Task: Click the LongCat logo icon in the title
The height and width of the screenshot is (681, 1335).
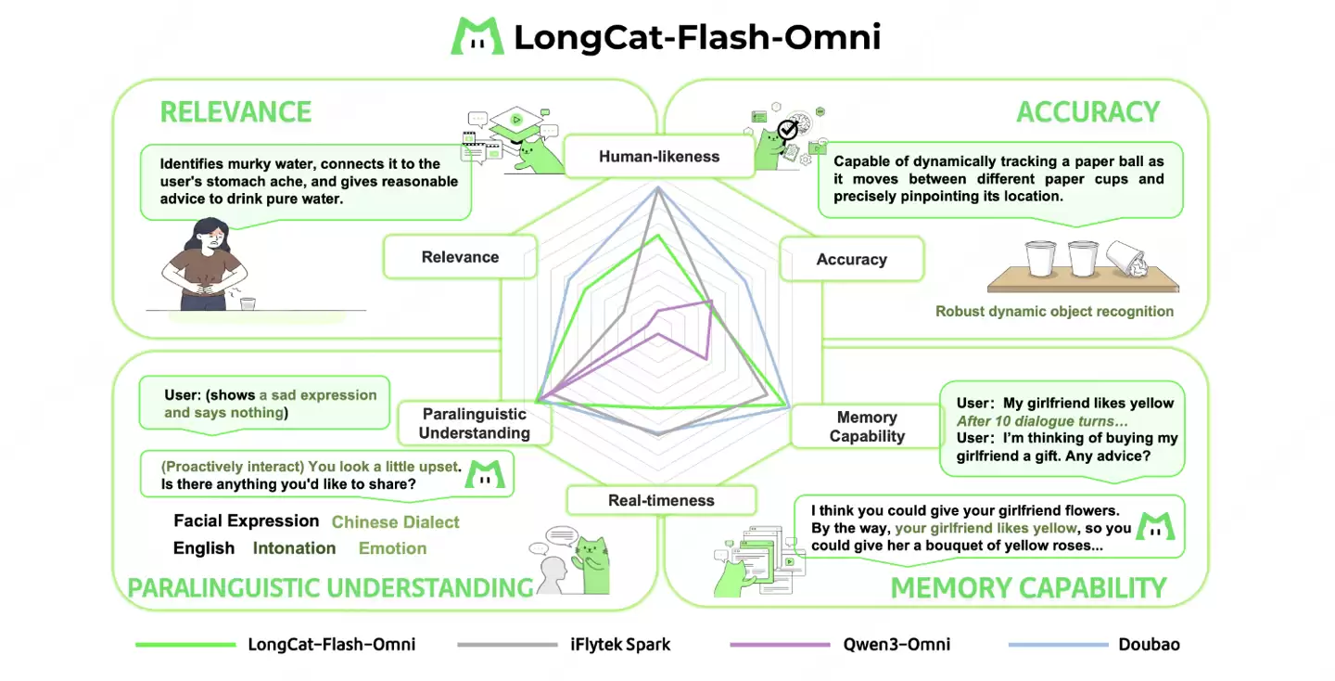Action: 477,35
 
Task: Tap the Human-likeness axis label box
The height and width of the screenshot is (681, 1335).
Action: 658,157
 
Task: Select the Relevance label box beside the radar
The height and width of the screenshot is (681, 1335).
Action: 460,257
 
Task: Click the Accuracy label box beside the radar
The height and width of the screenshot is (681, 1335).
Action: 851,260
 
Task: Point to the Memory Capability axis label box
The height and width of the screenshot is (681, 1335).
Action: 866,427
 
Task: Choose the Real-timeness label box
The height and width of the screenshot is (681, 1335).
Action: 661,501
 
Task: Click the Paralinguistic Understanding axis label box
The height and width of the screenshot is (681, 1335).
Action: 474,424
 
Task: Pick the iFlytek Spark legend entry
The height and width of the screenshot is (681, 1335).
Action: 619,644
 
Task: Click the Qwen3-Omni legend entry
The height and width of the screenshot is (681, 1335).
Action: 897,644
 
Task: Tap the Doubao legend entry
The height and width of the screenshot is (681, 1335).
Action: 1149,644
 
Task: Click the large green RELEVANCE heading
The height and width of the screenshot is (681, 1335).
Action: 235,112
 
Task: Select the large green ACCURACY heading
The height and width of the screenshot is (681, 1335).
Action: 1087,112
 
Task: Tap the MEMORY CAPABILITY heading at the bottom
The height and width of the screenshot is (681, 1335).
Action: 1027,588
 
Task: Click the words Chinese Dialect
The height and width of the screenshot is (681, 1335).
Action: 395,522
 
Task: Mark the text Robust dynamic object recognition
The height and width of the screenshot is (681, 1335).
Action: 1054,312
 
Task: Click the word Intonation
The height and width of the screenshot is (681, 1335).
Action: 294,548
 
